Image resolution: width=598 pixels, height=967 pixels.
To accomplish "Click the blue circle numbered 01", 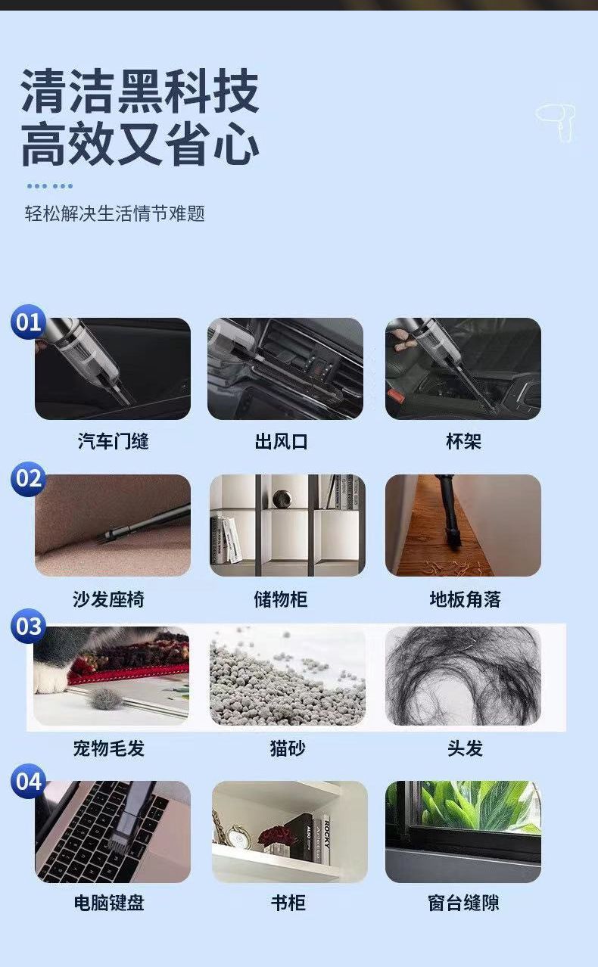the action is tap(29, 322).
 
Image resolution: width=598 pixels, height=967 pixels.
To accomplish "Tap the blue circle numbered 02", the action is tap(29, 479).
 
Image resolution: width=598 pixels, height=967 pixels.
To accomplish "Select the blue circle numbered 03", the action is tap(29, 627).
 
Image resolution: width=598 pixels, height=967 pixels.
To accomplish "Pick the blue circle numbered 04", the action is tap(29, 781).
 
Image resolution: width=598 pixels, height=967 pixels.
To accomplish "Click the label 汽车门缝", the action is tap(113, 441).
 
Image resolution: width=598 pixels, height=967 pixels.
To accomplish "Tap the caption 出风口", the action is tap(281, 442).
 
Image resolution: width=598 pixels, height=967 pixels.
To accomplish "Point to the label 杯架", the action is tap(463, 441).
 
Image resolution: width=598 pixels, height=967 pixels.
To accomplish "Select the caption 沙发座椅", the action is tap(108, 599).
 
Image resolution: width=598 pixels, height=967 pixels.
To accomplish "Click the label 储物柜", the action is tap(281, 599).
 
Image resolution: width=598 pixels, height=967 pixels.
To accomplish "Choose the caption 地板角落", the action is tap(465, 599).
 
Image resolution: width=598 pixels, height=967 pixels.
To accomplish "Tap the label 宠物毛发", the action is tap(109, 748).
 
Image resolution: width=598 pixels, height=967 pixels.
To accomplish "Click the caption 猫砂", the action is tap(288, 748).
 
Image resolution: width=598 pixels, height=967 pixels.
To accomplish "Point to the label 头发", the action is tap(465, 748).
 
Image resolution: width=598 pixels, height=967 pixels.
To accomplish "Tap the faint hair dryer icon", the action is tap(556, 122).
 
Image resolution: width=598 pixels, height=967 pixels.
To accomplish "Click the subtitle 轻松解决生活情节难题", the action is tap(114, 213).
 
